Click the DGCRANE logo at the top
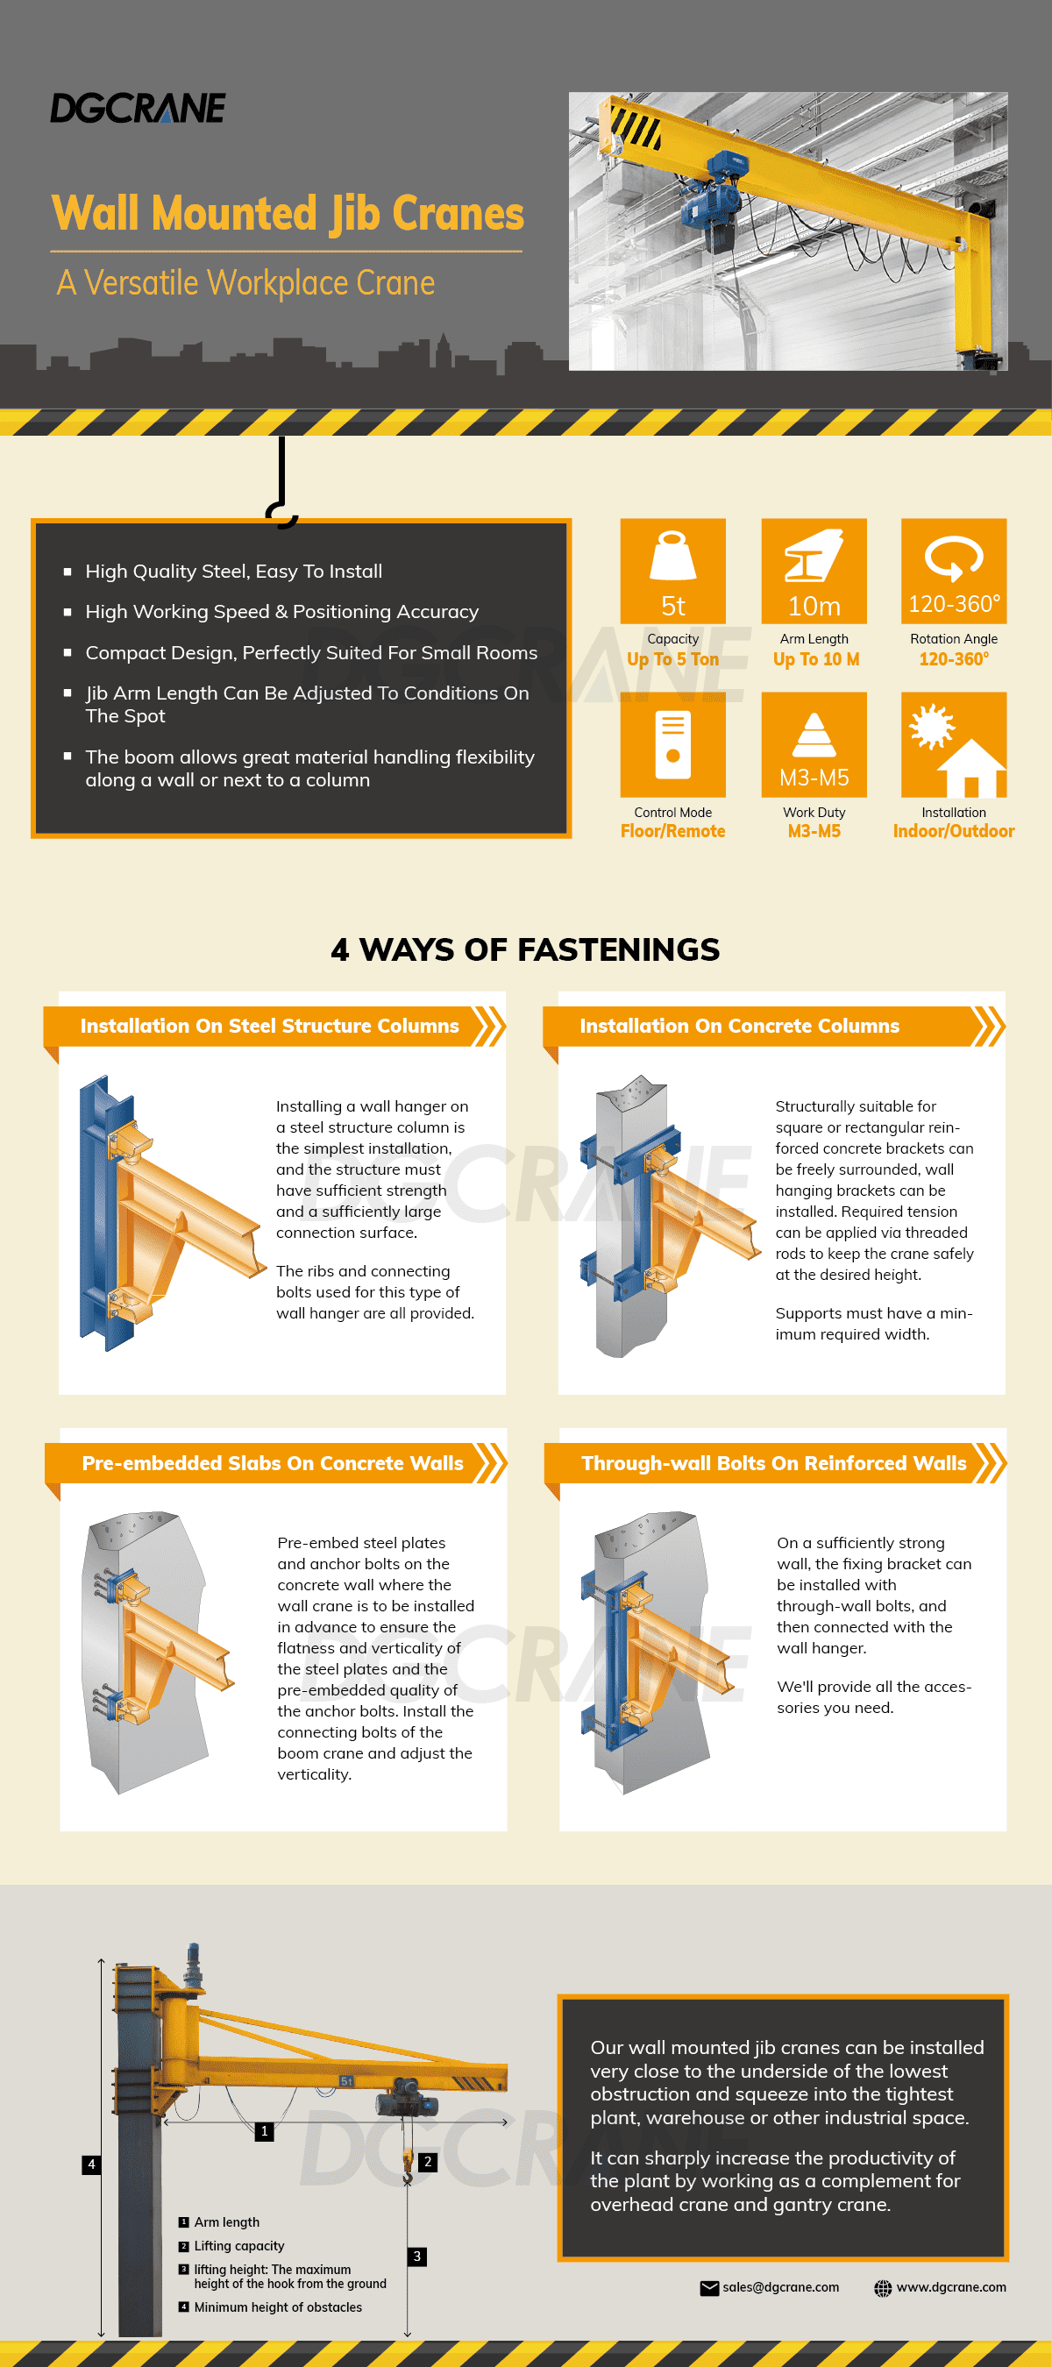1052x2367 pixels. tap(138, 109)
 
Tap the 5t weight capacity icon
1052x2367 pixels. tap(672, 571)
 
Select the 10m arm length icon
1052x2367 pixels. tap(814, 571)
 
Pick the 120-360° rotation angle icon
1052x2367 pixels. tap(954, 571)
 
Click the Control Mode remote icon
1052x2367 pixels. tap(672, 744)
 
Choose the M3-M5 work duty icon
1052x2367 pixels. tap(814, 744)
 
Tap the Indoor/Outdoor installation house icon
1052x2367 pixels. tap(954, 744)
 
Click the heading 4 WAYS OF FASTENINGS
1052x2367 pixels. tap(525, 949)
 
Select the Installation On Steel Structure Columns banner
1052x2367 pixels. tap(274, 1027)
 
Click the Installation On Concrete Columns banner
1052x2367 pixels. tap(773, 1027)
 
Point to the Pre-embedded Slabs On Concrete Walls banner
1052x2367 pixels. tap(275, 1463)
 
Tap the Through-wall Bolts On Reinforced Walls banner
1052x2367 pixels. tap(776, 1463)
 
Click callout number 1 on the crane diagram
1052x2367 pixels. tap(265, 2131)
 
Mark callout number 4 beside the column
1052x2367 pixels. tap(91, 2164)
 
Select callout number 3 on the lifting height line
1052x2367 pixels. tap(417, 2256)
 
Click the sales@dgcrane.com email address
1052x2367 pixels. tap(781, 2287)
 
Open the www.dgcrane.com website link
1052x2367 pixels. tap(951, 2287)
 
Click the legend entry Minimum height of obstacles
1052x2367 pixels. tap(278, 2307)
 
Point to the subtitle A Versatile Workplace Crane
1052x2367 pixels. tap(246, 283)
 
